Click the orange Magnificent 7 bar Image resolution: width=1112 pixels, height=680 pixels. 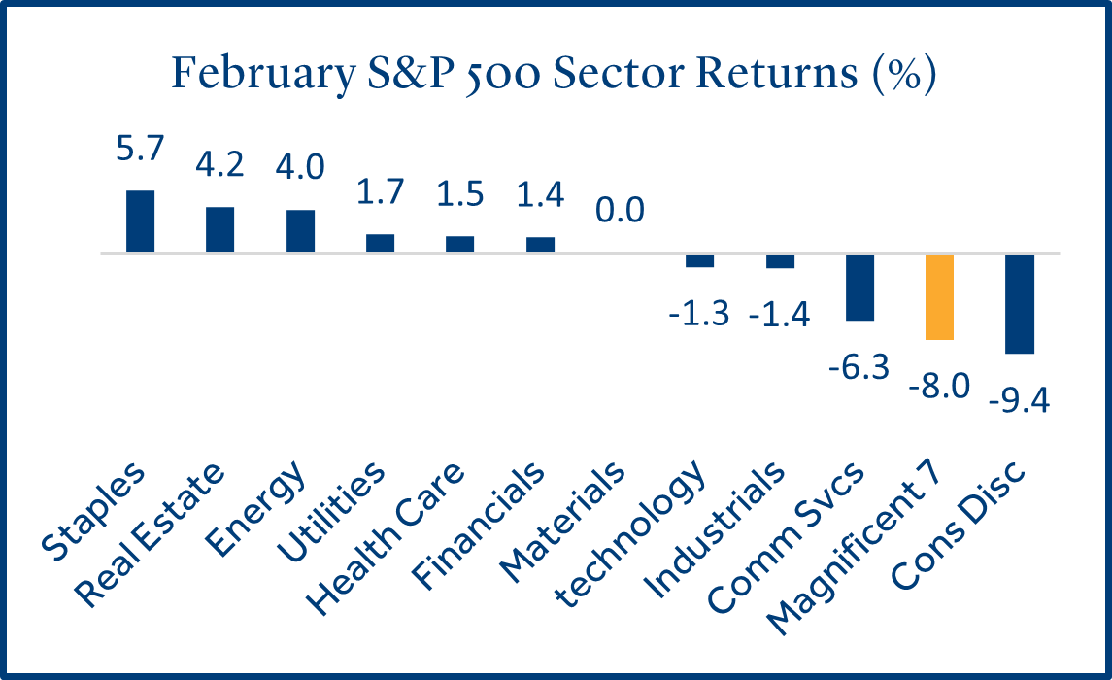tap(939, 296)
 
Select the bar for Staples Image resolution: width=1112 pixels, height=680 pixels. tap(141, 221)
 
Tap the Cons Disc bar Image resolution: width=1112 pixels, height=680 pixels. tap(1020, 303)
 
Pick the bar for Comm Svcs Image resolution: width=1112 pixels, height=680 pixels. tap(859, 288)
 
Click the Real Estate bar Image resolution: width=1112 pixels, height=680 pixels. tap(219, 229)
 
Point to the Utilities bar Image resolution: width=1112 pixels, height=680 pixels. tap(380, 243)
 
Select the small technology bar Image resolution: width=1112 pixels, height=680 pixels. tap(699, 260)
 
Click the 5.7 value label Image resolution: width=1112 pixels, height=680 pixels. tap(140, 149)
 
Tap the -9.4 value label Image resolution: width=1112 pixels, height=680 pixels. tap(1019, 401)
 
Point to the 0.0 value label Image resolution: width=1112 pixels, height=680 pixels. tap(620, 211)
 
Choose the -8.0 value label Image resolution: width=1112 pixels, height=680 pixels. tap(939, 387)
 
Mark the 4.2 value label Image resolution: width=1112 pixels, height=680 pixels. tap(219, 164)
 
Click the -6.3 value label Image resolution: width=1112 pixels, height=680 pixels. tap(859, 367)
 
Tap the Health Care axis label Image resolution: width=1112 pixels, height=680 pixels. tap(386, 539)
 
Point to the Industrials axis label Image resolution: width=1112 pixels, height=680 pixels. tap(714, 530)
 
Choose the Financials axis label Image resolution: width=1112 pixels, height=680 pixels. tap(479, 527)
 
